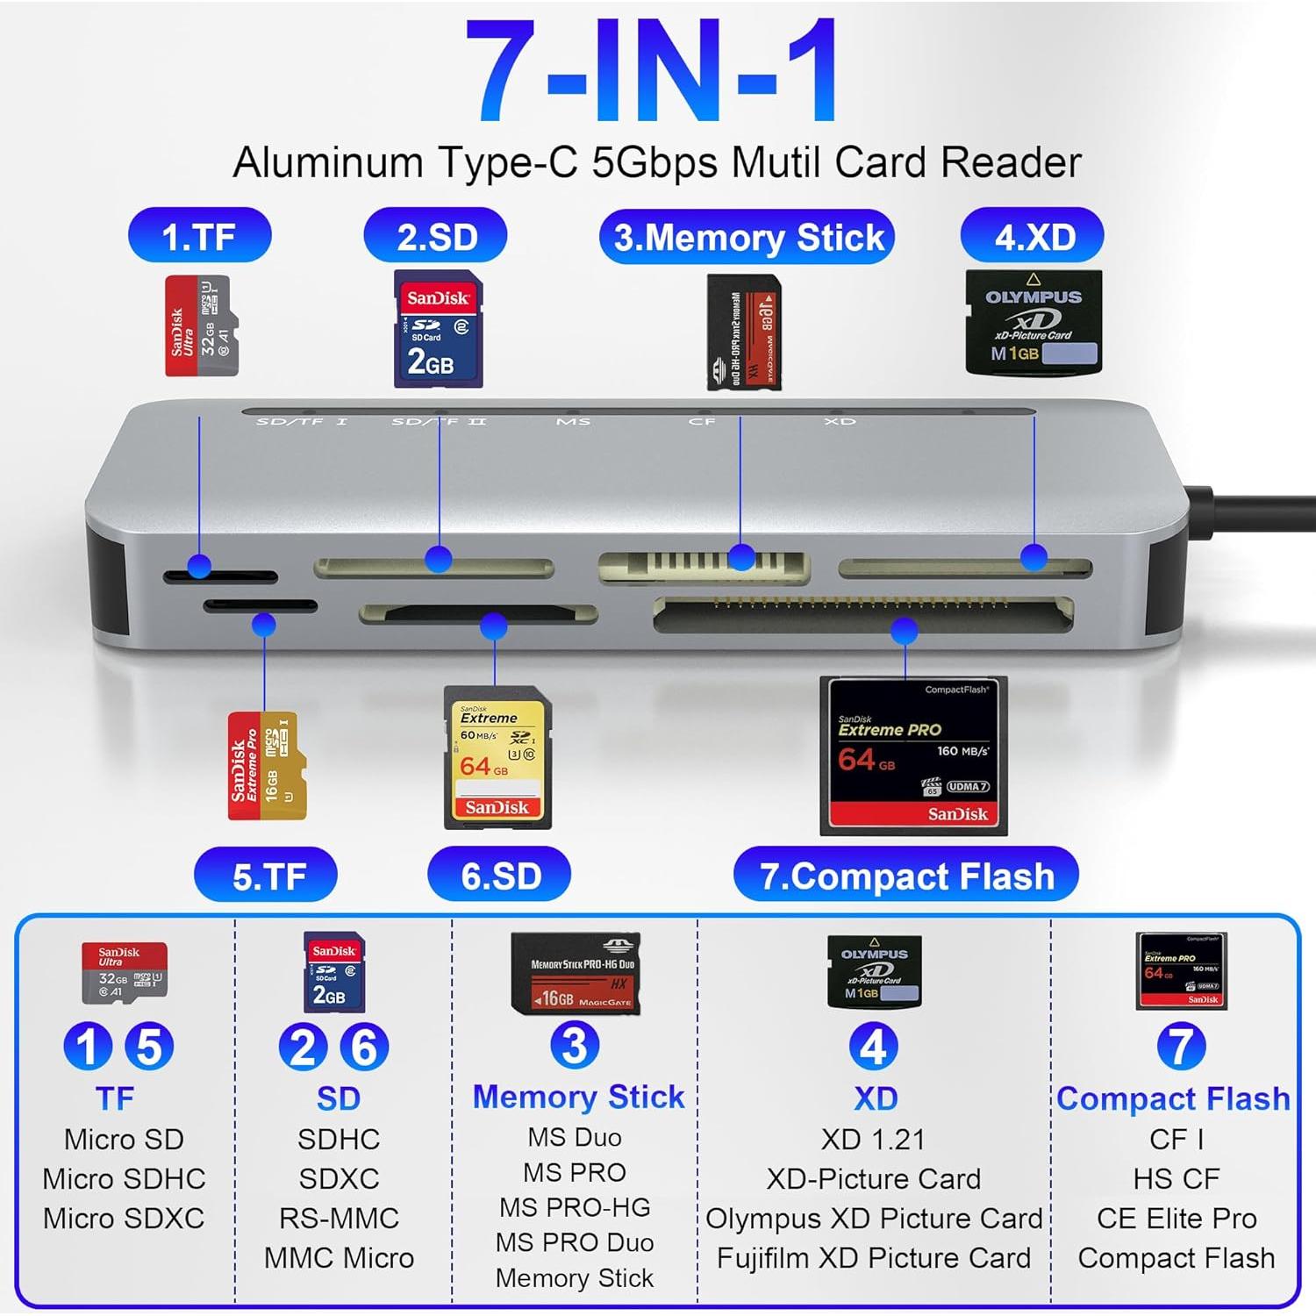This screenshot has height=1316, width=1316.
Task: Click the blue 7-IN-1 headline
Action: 651,70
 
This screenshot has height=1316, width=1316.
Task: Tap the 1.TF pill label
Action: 199,236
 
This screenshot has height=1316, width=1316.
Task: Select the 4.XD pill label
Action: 1033,236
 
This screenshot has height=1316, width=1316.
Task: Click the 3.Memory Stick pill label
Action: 747,238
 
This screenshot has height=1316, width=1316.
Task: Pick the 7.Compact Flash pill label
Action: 905,876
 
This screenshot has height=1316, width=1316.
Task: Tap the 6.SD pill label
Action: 499,876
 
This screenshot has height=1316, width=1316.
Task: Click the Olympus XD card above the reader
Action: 1033,322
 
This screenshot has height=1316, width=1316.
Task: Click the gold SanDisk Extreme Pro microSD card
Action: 267,766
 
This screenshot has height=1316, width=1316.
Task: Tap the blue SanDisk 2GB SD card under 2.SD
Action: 438,329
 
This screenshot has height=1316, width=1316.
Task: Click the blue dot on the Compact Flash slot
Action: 905,630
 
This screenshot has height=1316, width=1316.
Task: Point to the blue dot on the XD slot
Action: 1034,557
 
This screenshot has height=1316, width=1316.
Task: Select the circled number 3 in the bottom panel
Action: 575,1046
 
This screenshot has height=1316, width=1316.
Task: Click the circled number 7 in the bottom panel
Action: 1181,1046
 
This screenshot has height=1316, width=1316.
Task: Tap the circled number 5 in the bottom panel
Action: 149,1046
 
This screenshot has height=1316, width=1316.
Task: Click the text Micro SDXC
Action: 124,1219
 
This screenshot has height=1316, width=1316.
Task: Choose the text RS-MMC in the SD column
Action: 339,1219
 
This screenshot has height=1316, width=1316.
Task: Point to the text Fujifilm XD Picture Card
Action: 874,1258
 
